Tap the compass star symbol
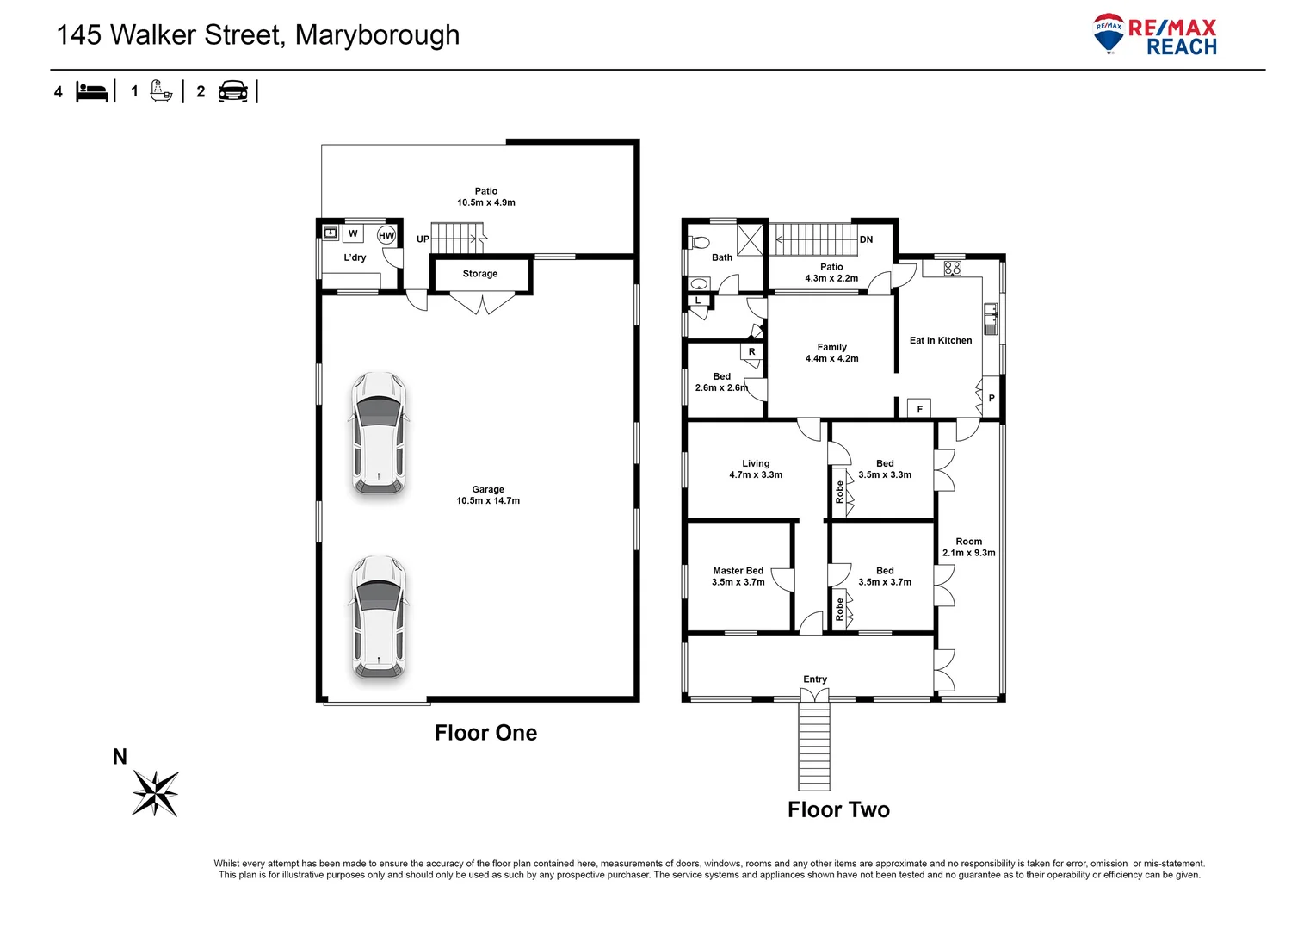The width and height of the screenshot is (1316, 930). (155, 793)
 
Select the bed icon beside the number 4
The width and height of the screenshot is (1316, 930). (92, 91)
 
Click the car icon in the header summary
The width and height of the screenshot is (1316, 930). (233, 91)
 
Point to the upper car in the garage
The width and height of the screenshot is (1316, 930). (379, 433)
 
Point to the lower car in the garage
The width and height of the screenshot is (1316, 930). (379, 617)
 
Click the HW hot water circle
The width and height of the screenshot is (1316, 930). (386, 235)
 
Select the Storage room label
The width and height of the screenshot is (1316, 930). (480, 274)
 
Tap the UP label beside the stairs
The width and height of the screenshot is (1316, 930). (423, 239)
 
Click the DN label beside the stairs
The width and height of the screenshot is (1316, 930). (866, 239)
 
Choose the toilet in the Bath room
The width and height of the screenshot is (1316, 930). (699, 242)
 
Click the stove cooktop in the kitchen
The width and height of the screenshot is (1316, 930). (952, 268)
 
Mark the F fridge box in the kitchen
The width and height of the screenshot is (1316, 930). (919, 409)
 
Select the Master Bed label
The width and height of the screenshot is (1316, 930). (738, 571)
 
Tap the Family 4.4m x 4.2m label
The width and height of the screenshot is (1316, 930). (831, 353)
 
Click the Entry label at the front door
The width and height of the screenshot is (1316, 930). (815, 679)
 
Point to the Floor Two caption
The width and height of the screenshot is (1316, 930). (838, 809)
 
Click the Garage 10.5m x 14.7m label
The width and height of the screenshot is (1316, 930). (488, 495)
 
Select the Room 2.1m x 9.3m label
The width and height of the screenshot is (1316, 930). (968, 548)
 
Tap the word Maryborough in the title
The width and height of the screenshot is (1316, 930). (377, 35)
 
